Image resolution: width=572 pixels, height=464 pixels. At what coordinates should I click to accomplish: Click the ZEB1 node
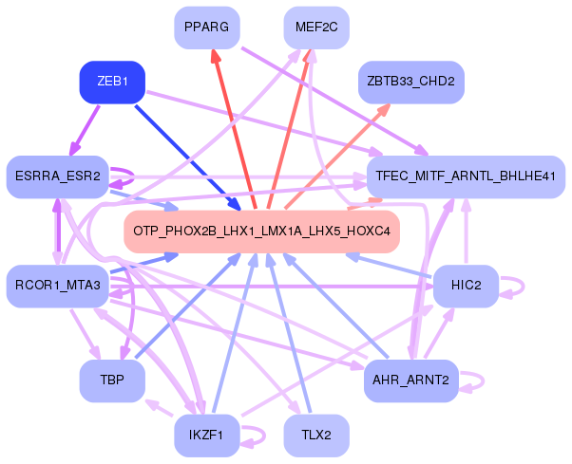tap(112, 82)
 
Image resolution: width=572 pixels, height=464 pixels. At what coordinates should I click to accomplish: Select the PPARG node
tap(206, 27)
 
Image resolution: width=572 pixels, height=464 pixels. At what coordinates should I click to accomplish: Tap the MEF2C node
tap(316, 27)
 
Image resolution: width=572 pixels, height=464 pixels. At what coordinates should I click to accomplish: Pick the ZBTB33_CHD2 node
tap(410, 83)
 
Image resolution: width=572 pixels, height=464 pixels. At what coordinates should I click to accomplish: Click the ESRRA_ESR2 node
tap(57, 176)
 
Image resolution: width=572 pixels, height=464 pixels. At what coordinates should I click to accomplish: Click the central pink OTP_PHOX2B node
tap(260, 232)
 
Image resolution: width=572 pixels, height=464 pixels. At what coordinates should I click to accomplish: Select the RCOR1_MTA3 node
tap(57, 287)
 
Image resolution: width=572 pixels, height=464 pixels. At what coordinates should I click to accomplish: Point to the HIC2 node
tap(465, 287)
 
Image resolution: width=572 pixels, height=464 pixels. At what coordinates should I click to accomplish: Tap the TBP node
tap(112, 380)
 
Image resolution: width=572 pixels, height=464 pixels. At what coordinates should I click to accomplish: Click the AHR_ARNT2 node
tap(411, 380)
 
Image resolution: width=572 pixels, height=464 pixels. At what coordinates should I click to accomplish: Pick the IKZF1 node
tap(206, 436)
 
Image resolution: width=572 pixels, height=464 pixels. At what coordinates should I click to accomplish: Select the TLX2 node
tap(316, 436)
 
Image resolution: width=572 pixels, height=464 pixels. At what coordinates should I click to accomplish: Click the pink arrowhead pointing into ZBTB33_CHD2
tap(382, 111)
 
